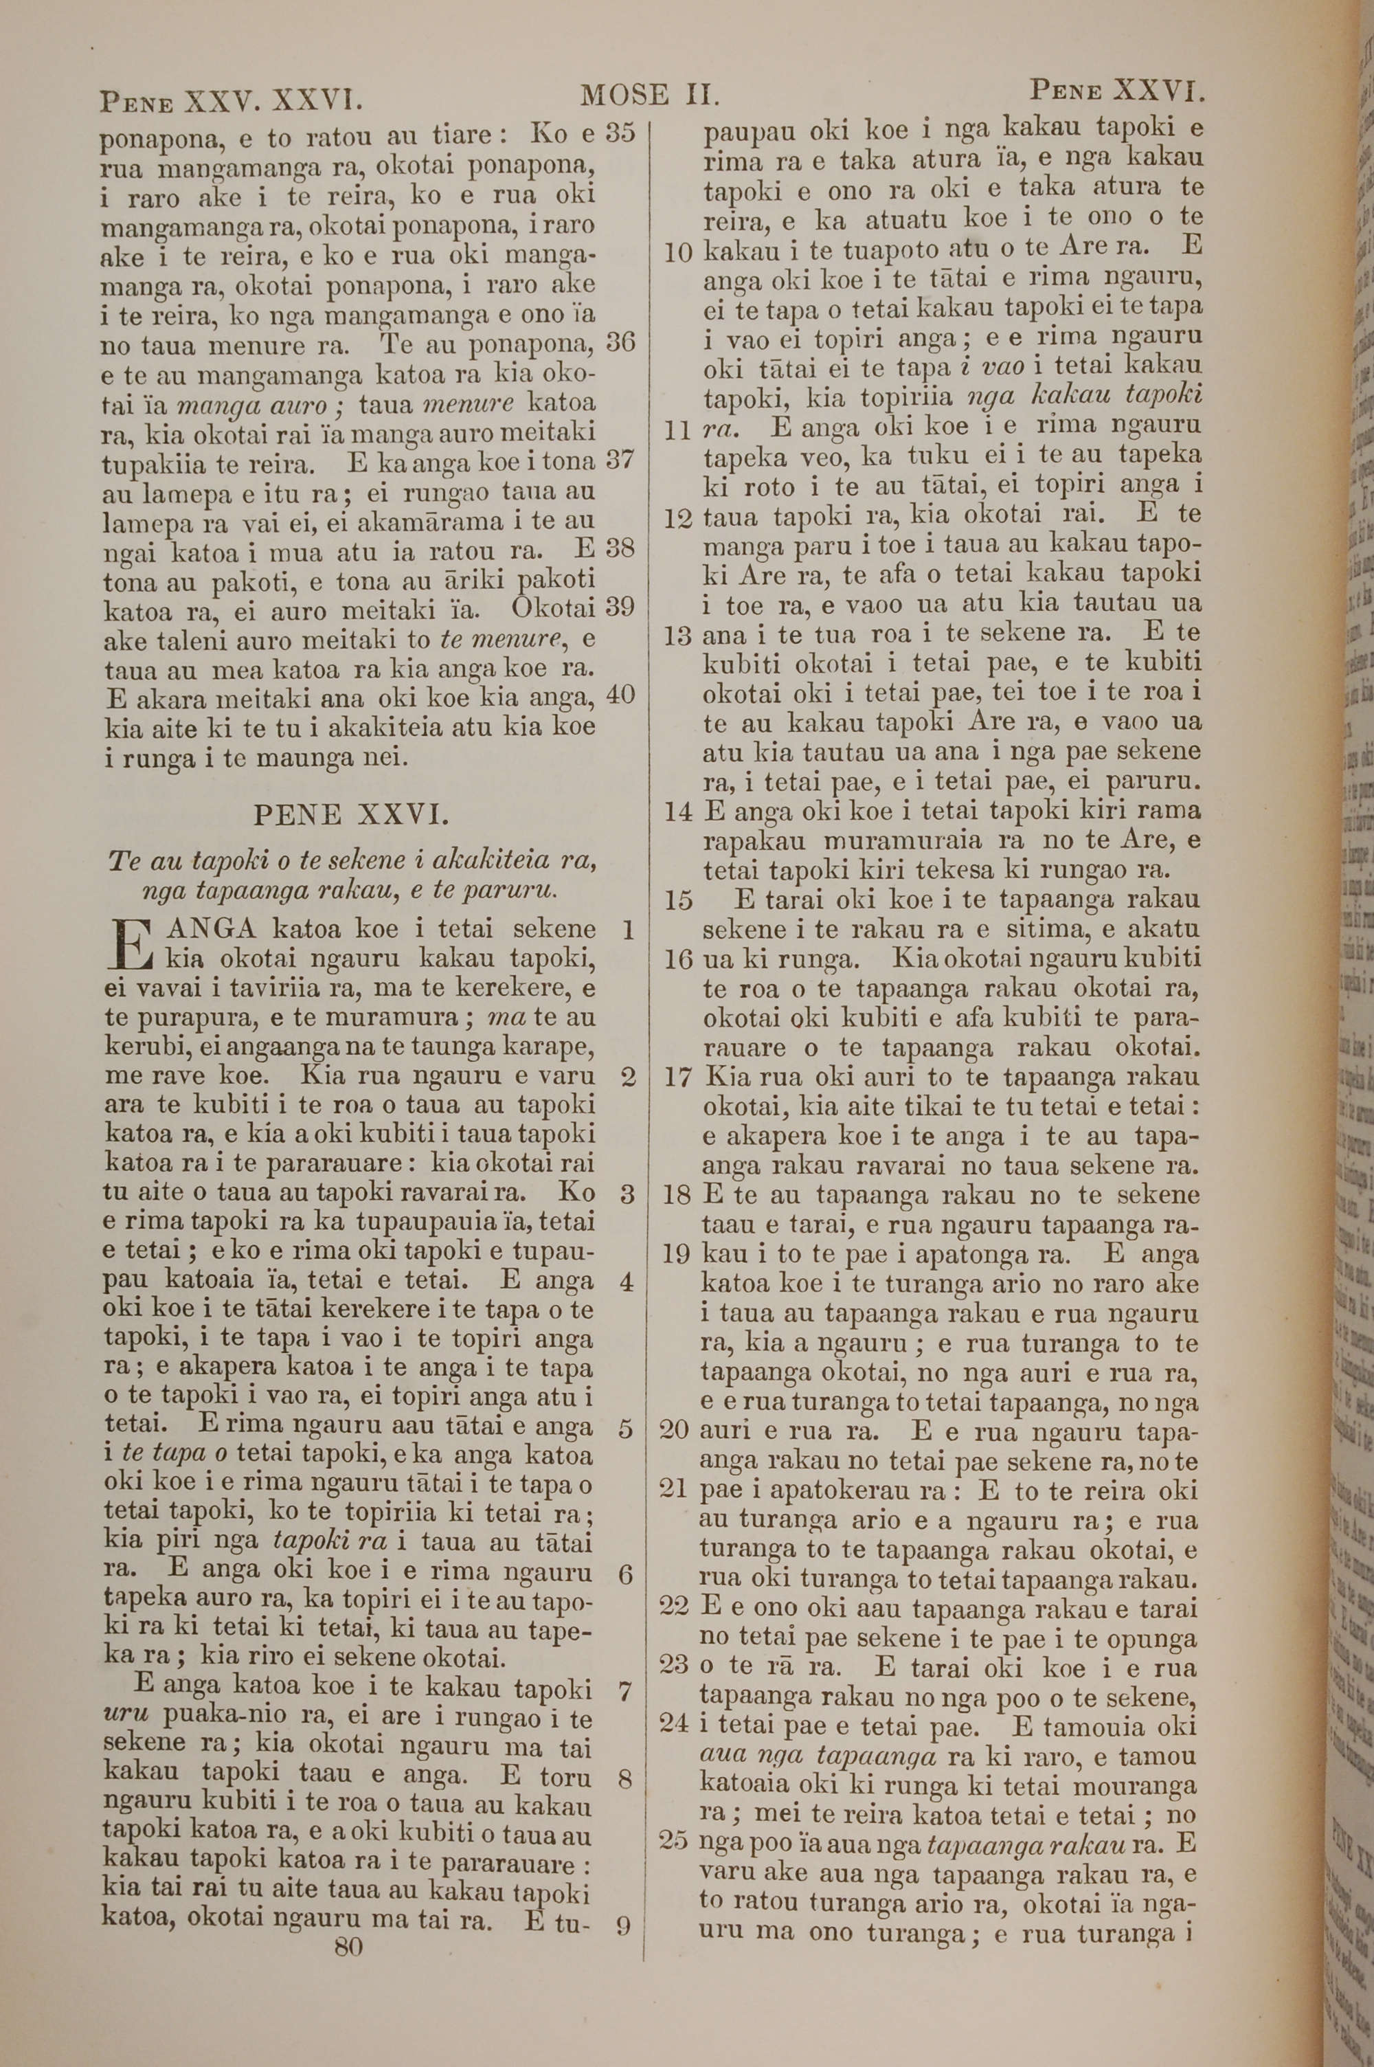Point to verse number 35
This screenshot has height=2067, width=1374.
[x=621, y=133]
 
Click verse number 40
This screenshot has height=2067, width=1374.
[x=621, y=695]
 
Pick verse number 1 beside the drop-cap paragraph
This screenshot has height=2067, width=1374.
[x=627, y=930]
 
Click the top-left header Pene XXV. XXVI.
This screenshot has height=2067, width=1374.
[x=232, y=101]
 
